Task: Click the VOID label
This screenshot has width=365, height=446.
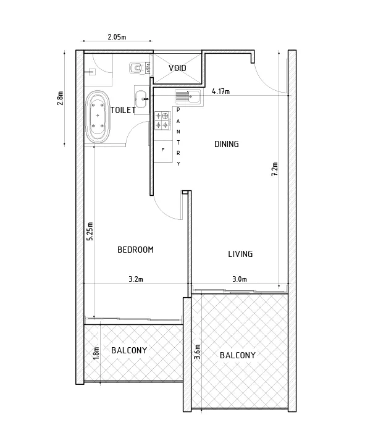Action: (177, 68)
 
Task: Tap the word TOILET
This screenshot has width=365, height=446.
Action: (123, 110)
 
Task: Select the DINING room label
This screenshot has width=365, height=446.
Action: (227, 144)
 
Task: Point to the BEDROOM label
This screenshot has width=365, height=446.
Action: (136, 250)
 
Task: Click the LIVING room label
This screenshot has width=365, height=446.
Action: (240, 254)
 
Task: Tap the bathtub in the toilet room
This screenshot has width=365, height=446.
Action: (98, 117)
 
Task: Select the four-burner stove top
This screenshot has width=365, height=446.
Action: (162, 120)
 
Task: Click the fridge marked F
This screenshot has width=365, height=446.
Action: (163, 151)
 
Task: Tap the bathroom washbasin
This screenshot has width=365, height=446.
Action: (141, 98)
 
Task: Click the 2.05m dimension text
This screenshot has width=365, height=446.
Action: (117, 36)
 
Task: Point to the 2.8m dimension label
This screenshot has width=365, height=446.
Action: (60, 98)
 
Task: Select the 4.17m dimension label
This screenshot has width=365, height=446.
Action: (221, 91)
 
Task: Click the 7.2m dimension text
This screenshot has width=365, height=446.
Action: (275, 169)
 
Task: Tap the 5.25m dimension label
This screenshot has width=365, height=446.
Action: (90, 231)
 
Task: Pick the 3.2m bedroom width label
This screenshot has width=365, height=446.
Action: (136, 279)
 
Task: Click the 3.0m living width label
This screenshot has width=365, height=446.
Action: (240, 279)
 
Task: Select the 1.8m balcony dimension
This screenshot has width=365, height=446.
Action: (96, 353)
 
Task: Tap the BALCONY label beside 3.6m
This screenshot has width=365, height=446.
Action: (238, 355)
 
